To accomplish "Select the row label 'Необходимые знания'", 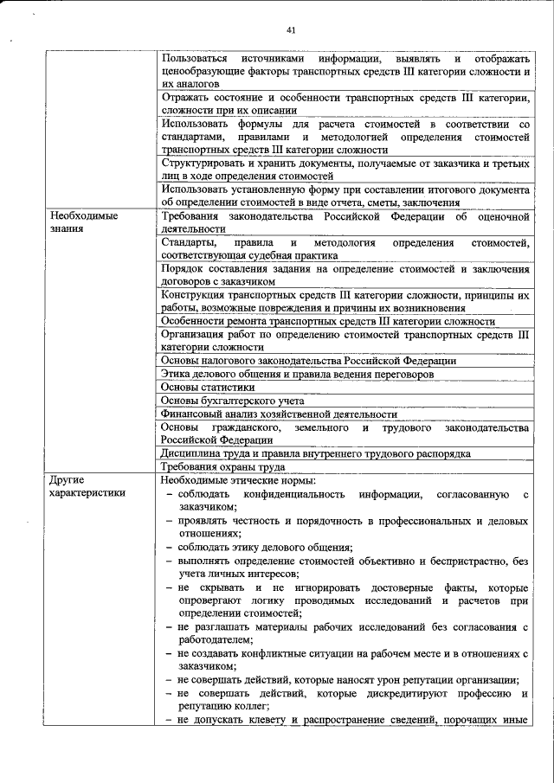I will coord(83,222).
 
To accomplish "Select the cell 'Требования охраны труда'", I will coord(223,466).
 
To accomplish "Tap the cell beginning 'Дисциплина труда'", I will coord(316,453).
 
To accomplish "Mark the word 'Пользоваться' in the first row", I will coord(196,58).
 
